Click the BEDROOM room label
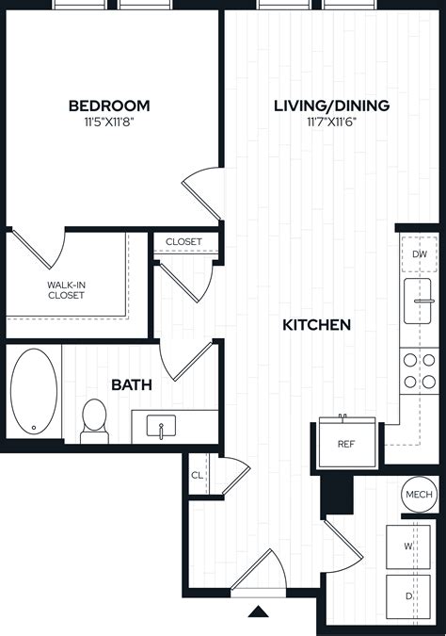tap(109, 106)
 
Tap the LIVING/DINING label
tap(332, 106)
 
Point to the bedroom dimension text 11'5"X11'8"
tap(109, 122)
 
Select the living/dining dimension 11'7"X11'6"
tap(332, 122)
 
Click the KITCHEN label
tap(316, 325)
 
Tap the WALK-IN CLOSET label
tap(66, 290)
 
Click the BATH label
tap(132, 384)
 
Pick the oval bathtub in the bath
tap(34, 391)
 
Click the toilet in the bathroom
tap(94, 421)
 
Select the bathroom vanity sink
tap(161, 426)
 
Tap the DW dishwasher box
tap(420, 254)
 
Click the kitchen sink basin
tap(418, 301)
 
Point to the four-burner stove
tap(420, 370)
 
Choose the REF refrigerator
tap(347, 443)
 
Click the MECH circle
tap(419, 494)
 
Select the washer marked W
tap(408, 546)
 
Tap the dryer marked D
tap(408, 596)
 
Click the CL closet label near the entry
tap(198, 475)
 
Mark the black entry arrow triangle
tap(258, 612)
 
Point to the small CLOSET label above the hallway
tap(183, 242)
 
